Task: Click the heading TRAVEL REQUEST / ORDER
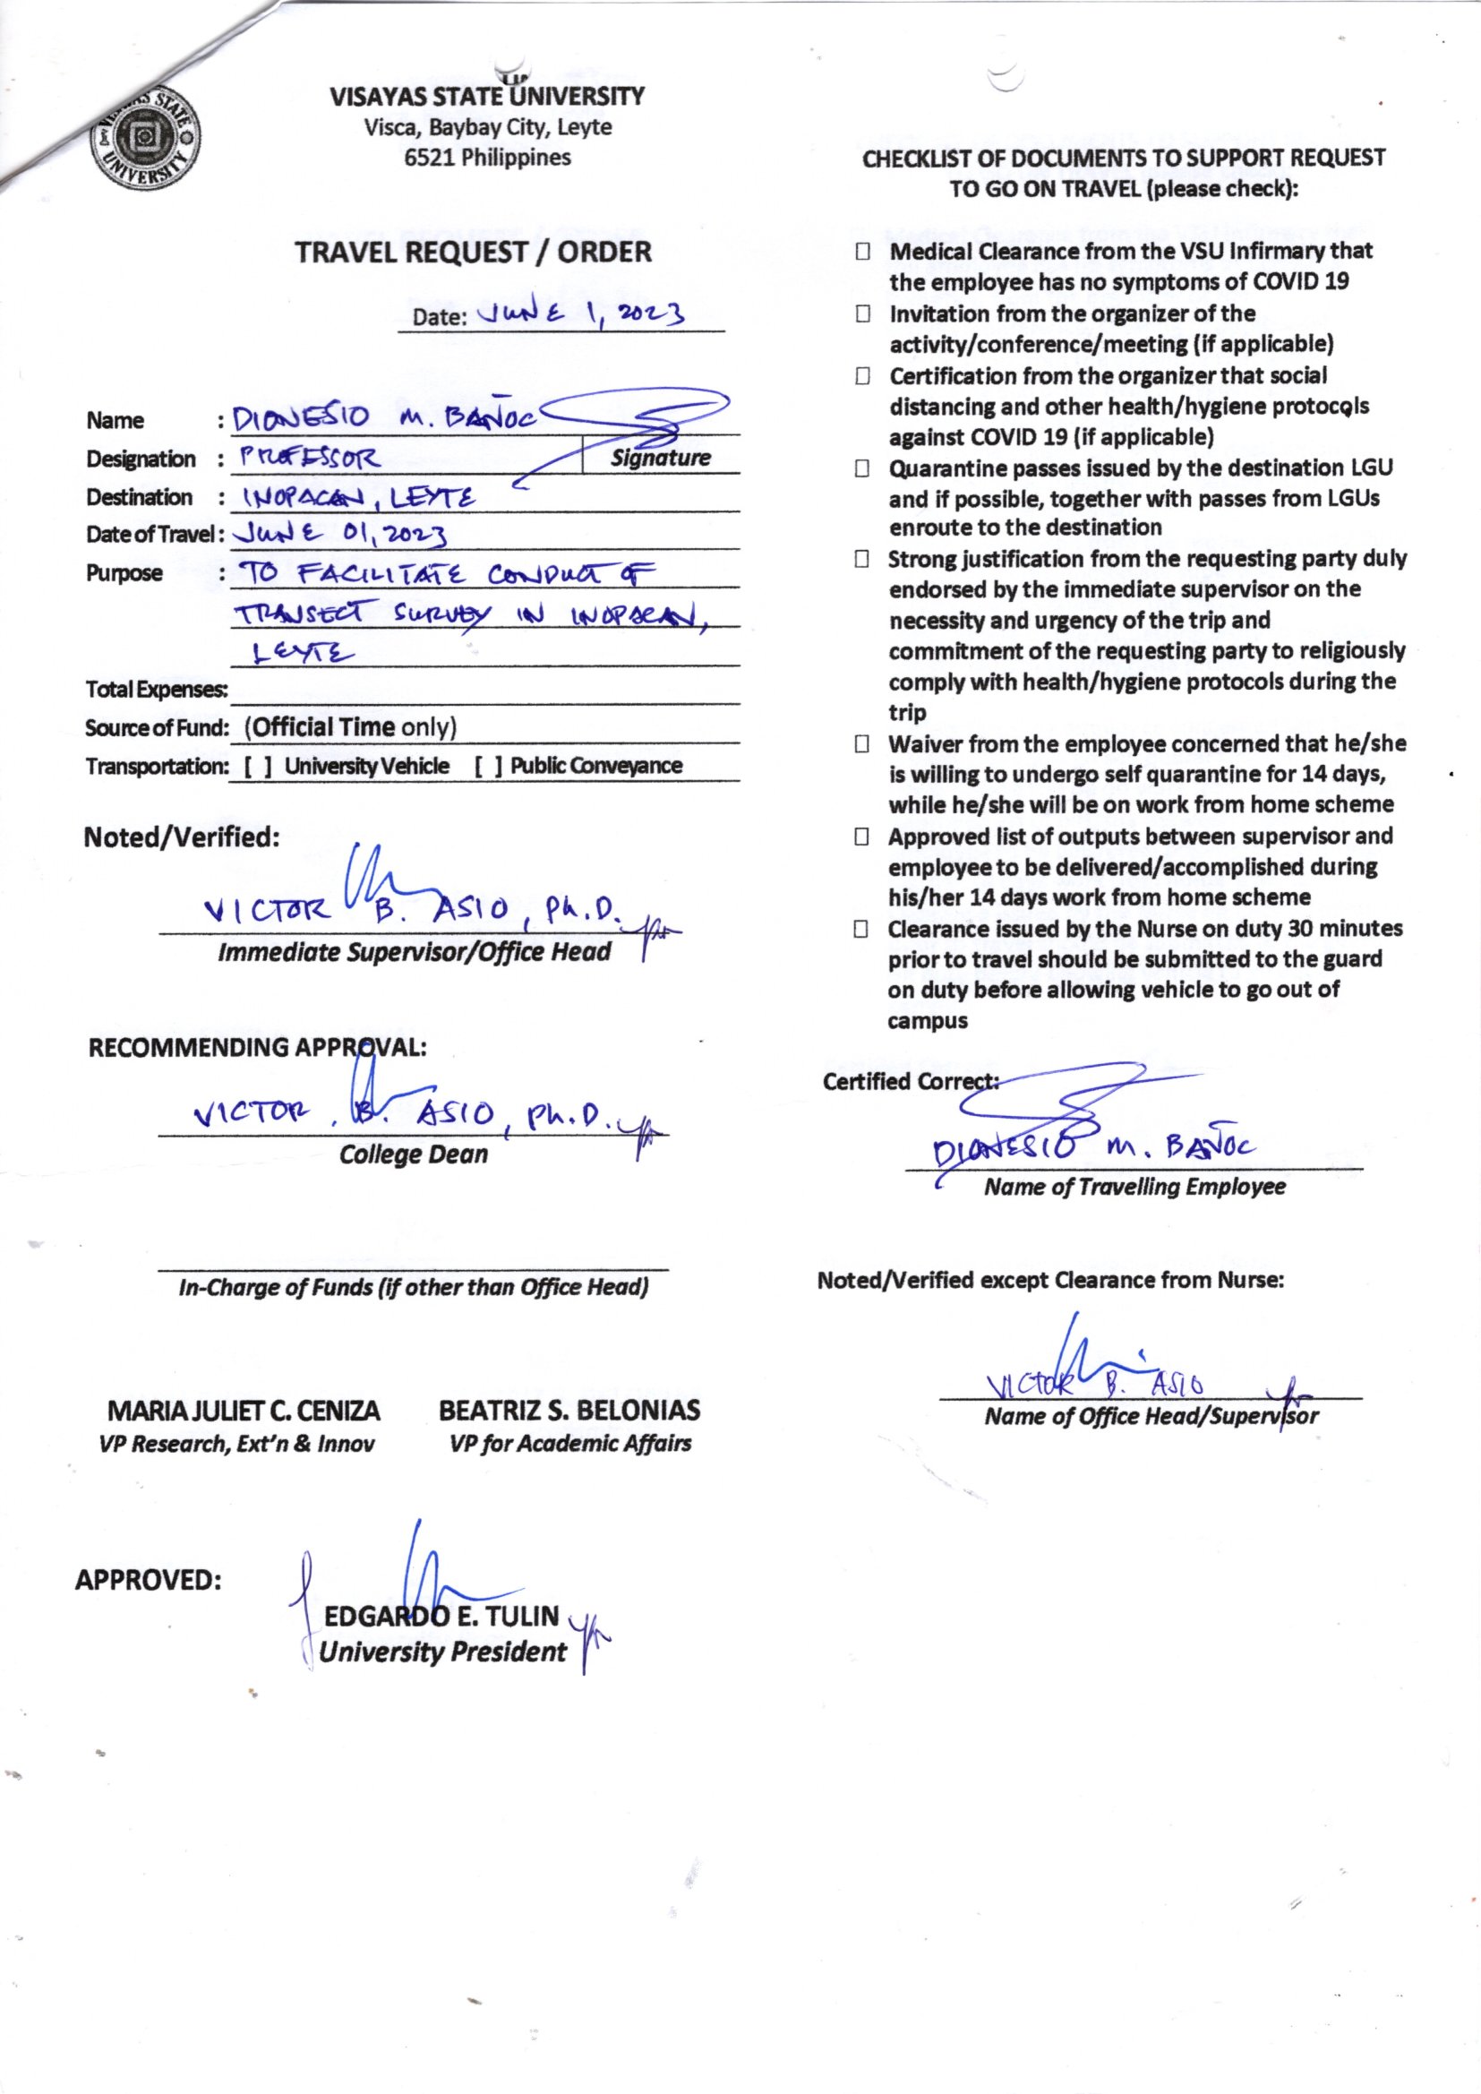click(x=474, y=252)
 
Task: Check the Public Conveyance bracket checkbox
click(x=489, y=766)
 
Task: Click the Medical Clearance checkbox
click(x=862, y=252)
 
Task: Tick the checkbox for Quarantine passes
click(x=862, y=469)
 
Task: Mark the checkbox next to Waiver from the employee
click(x=862, y=745)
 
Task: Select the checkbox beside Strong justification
click(x=862, y=560)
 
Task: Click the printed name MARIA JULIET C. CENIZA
click(x=244, y=1412)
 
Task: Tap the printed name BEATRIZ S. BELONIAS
click(x=570, y=1412)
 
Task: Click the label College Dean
click(x=413, y=1155)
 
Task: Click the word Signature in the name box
click(x=660, y=458)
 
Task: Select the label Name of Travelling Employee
click(x=1134, y=1188)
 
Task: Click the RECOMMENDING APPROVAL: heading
click(x=257, y=1048)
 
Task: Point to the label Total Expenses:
click(x=156, y=691)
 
